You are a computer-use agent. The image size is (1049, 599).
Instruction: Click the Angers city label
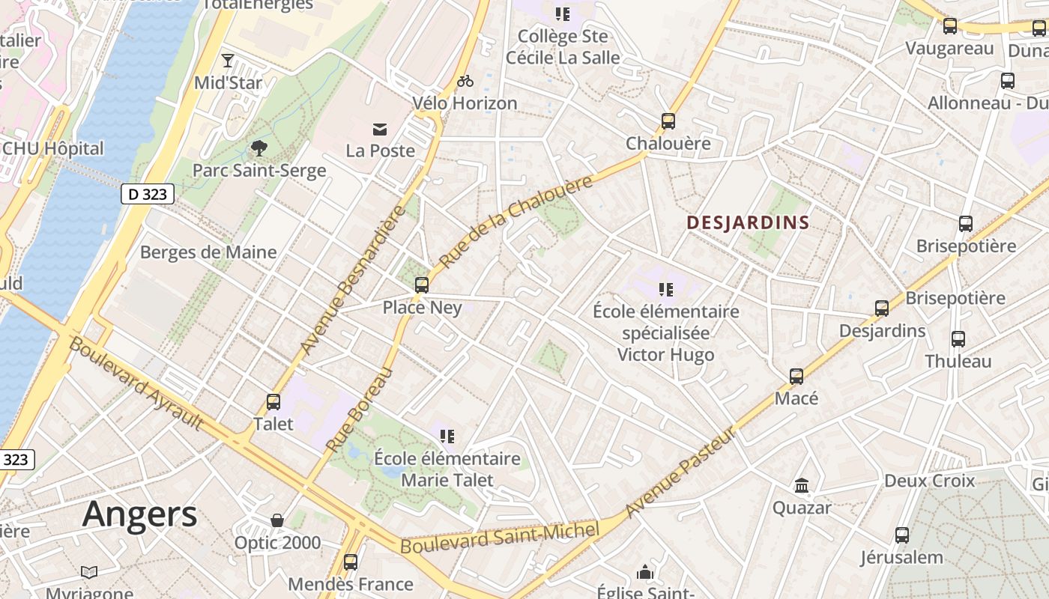coord(139,514)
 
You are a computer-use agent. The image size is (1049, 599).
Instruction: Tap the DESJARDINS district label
coord(748,222)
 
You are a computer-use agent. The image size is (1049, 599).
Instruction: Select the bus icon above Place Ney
coord(422,285)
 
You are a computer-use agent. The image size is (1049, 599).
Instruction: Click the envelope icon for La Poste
coord(381,130)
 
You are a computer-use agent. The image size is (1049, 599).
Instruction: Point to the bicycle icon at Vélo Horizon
coord(465,81)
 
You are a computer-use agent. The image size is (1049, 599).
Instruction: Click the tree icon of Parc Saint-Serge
coord(259,148)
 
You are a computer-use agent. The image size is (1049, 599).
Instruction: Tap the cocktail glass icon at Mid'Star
coord(228,61)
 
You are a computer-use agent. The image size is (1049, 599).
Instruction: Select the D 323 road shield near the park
coord(148,195)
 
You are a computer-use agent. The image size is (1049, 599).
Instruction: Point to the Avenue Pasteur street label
coord(681,473)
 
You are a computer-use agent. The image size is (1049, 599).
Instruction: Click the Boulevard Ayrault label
coord(136,383)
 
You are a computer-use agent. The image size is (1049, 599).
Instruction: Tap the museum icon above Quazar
coord(802,486)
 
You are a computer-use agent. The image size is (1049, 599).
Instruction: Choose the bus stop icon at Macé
coord(796,376)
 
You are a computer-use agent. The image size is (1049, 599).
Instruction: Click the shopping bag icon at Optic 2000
coord(277,520)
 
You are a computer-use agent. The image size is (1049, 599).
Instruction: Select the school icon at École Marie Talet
coord(447,436)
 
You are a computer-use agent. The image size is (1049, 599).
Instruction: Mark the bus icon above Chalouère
coord(668,121)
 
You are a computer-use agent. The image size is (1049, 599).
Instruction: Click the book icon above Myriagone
coord(89,573)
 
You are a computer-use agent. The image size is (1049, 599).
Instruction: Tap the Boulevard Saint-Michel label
coord(500,539)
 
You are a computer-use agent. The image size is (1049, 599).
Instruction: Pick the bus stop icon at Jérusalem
coord(902,535)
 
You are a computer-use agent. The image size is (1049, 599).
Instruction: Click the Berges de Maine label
coord(208,252)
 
